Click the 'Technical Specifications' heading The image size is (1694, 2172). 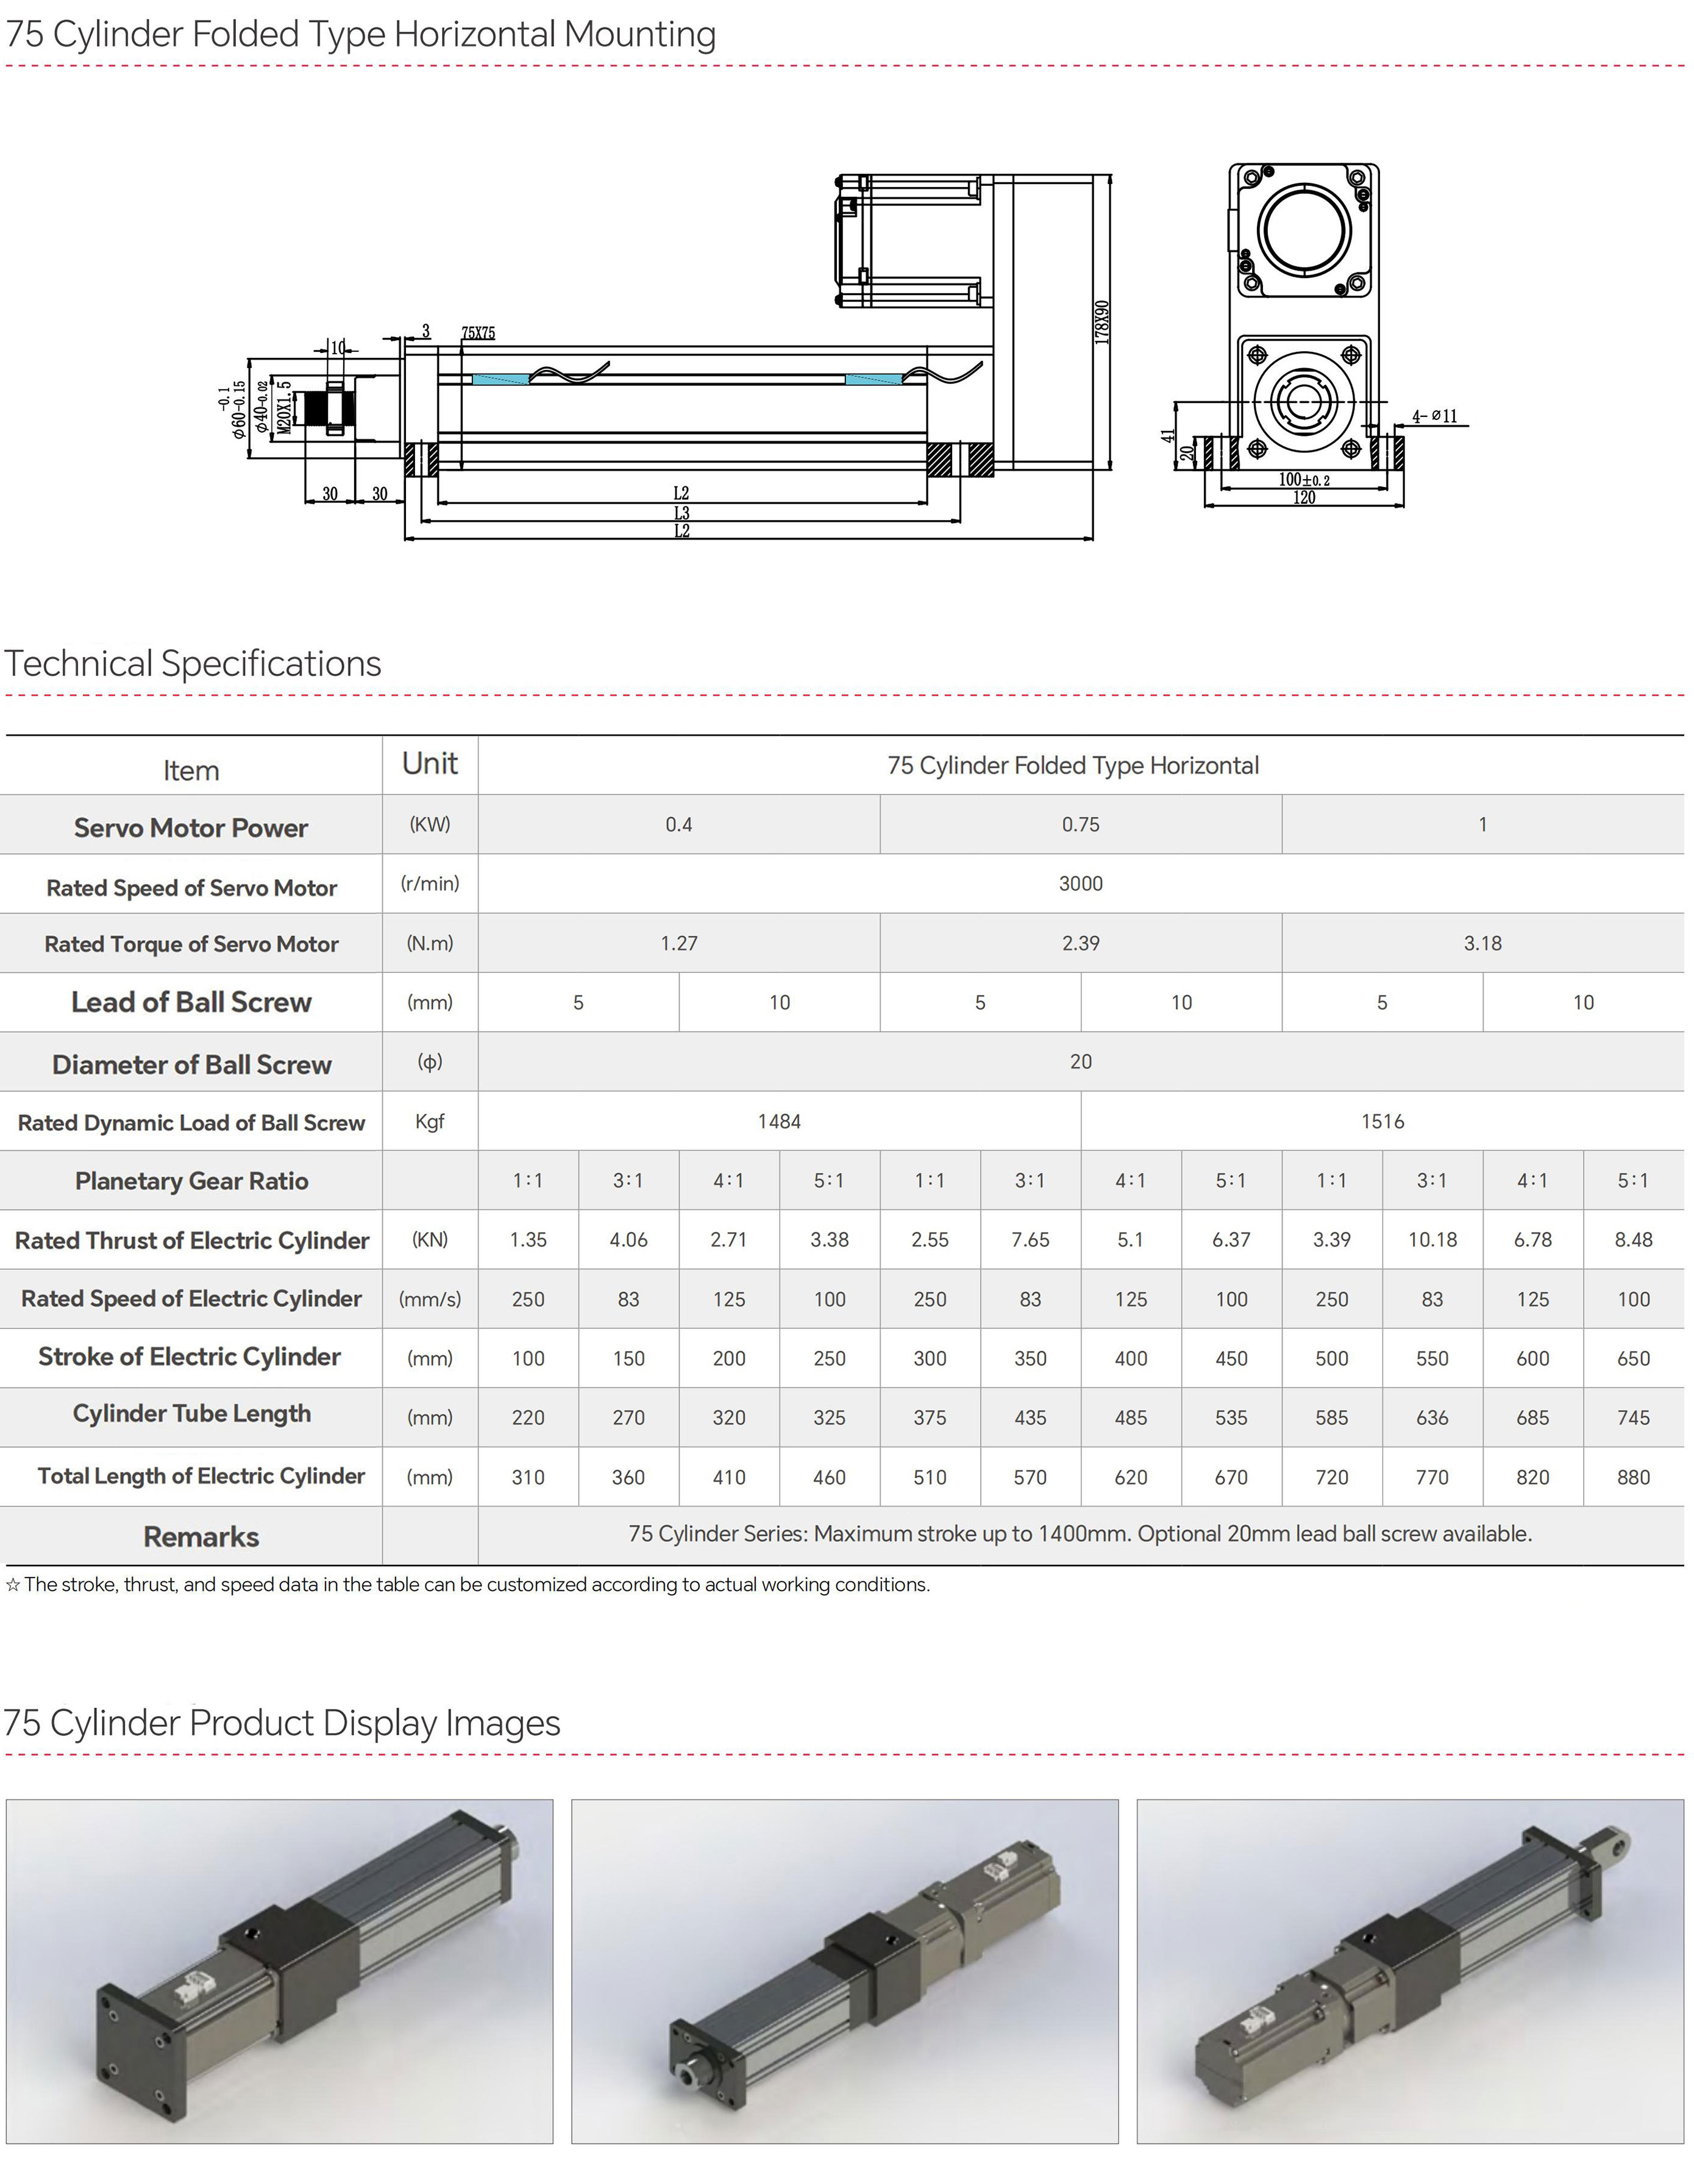click(x=193, y=663)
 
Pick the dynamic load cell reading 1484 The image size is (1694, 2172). click(x=779, y=1121)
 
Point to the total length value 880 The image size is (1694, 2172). click(x=1632, y=1477)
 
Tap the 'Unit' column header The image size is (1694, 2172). click(x=430, y=764)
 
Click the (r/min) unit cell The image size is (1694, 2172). click(x=430, y=883)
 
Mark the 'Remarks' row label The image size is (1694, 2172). click(x=201, y=1537)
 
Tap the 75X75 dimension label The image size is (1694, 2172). click(x=479, y=333)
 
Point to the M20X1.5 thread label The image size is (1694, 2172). click(x=285, y=407)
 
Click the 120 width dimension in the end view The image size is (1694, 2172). click(x=1303, y=497)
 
